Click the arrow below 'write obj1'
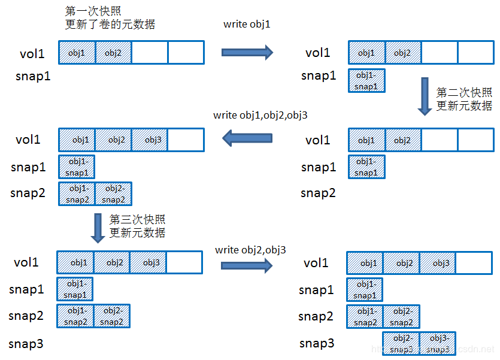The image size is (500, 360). pos(247,52)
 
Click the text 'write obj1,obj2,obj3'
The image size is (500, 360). pos(260,115)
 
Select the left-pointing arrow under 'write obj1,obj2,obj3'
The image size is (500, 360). pos(247,139)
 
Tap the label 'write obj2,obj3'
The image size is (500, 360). pos(250,249)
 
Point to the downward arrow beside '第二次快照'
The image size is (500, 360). pos(425,96)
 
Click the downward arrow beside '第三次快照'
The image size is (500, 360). pos(98,228)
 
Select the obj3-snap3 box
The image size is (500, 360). pos(438,344)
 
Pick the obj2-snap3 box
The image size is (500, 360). pos(402,344)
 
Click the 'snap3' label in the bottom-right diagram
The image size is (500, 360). pos(316,343)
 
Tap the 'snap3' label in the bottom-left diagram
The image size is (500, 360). pos(26,344)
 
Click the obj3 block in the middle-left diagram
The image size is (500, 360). pos(150,140)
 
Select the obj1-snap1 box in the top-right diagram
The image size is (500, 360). pos(366,80)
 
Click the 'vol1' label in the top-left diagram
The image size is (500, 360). pos(32,54)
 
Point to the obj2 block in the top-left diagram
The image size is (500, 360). pos(113,53)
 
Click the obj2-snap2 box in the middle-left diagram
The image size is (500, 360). pos(113,194)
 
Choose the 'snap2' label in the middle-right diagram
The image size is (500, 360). pos(318,193)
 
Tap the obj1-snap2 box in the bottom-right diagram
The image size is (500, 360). pos(365,317)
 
